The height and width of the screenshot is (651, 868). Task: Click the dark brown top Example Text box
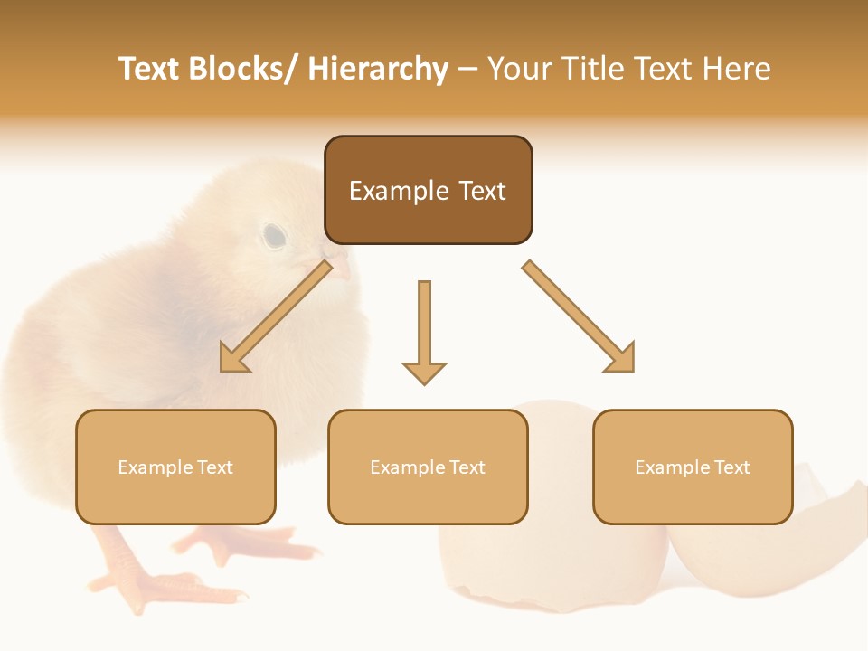pyautogui.click(x=428, y=190)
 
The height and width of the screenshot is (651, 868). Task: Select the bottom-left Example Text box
pyautogui.click(x=175, y=467)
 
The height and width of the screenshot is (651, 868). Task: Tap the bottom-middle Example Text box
pyautogui.click(x=428, y=467)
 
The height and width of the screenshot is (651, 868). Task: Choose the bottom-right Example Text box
pyautogui.click(x=693, y=467)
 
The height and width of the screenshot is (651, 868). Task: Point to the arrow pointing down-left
pyautogui.click(x=276, y=316)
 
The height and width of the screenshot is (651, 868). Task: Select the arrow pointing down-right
pyautogui.click(x=579, y=316)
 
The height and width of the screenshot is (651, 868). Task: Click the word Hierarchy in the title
pyautogui.click(x=378, y=69)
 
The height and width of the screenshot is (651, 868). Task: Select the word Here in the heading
pyautogui.click(x=736, y=69)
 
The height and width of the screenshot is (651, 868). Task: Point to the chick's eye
pyautogui.click(x=274, y=236)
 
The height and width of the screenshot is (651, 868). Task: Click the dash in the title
pyautogui.click(x=467, y=69)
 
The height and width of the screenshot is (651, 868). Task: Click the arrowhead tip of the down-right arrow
pyautogui.click(x=631, y=369)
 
